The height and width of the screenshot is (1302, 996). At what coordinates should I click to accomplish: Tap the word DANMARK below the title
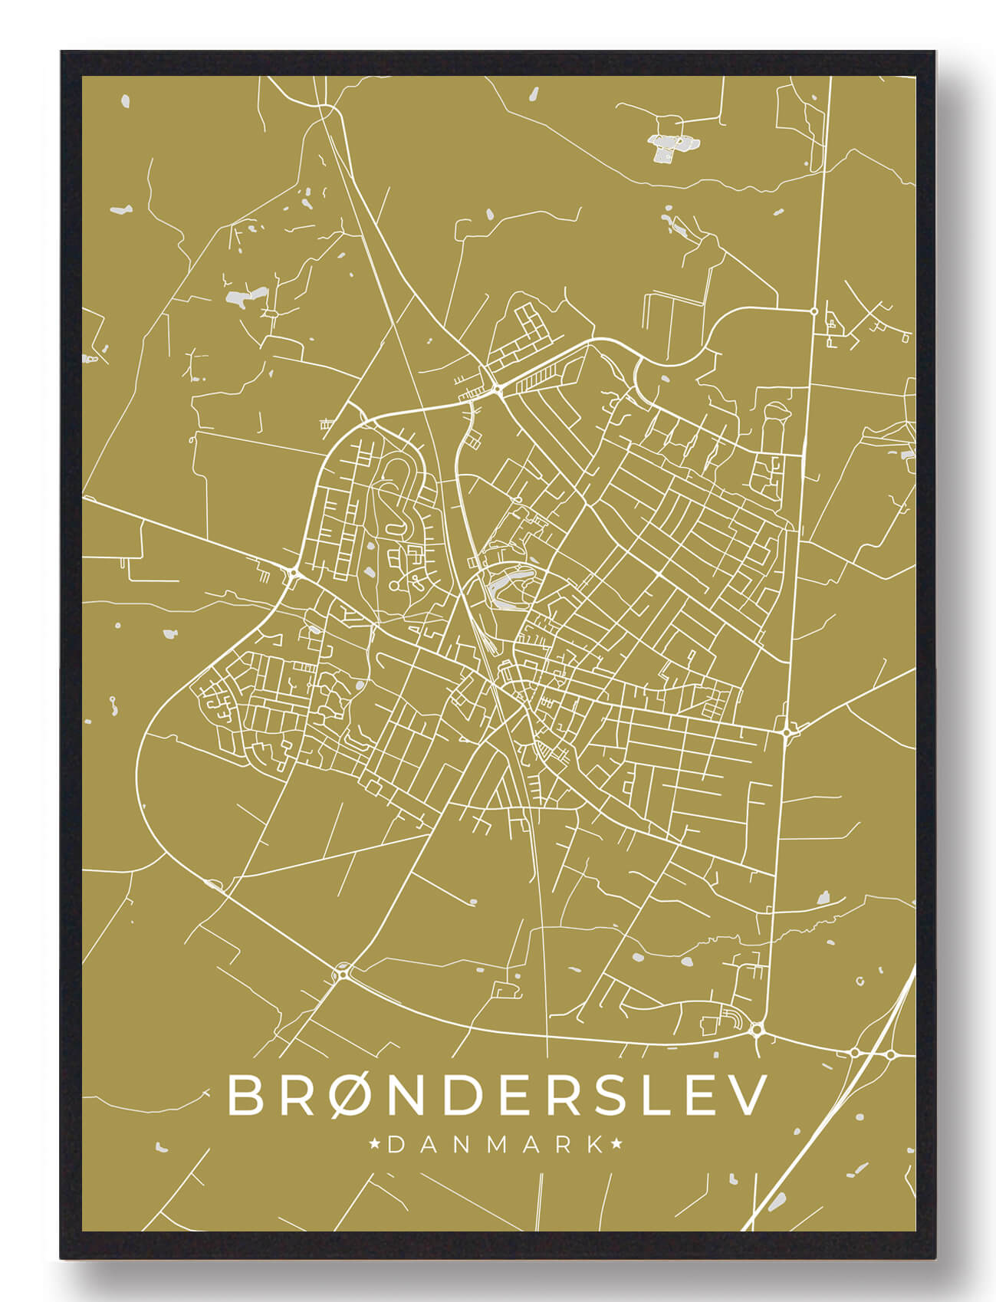pyautogui.click(x=497, y=1145)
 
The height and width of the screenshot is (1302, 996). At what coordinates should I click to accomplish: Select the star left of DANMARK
pyautogui.click(x=376, y=1145)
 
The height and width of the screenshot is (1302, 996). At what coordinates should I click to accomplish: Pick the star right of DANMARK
pyautogui.click(x=617, y=1145)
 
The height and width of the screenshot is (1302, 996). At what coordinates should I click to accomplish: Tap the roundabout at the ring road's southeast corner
pyautogui.click(x=758, y=1030)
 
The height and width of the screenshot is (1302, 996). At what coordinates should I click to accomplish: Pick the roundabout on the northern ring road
pyautogui.click(x=497, y=390)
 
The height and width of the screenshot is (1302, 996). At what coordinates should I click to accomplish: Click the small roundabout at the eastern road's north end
pyautogui.click(x=814, y=311)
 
